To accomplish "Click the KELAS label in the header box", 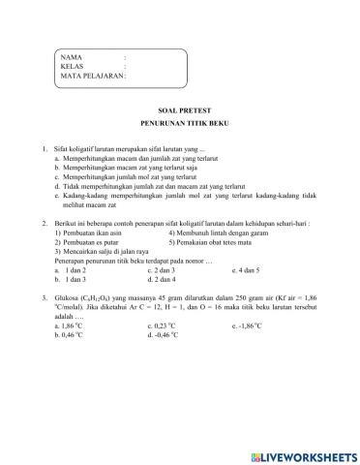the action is click(x=73, y=67).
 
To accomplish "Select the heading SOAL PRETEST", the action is click(x=180, y=112).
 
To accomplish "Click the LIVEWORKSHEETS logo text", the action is click(x=302, y=454).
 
